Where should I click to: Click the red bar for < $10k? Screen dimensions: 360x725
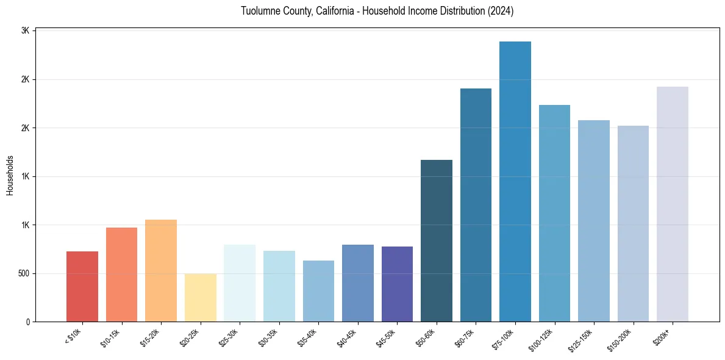pos(82,287)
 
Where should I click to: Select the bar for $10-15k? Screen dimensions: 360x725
pos(121,275)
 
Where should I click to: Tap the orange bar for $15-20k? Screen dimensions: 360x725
pos(161,271)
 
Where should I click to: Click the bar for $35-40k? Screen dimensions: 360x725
pos(318,291)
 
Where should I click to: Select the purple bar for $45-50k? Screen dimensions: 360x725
pos(397,284)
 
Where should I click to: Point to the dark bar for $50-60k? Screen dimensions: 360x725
pos(437,241)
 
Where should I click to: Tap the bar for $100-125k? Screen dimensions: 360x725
pos(554,214)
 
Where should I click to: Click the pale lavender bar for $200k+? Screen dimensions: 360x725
pos(673,204)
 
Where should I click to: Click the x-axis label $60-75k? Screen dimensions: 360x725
pos(465,337)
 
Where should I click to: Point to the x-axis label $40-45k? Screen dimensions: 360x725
pos(346,337)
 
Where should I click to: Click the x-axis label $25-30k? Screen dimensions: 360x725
pos(229,337)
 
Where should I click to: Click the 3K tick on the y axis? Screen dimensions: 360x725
pos(26,31)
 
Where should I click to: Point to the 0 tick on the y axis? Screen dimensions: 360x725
pos(28,322)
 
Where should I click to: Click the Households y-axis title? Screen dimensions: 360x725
pos(10,175)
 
